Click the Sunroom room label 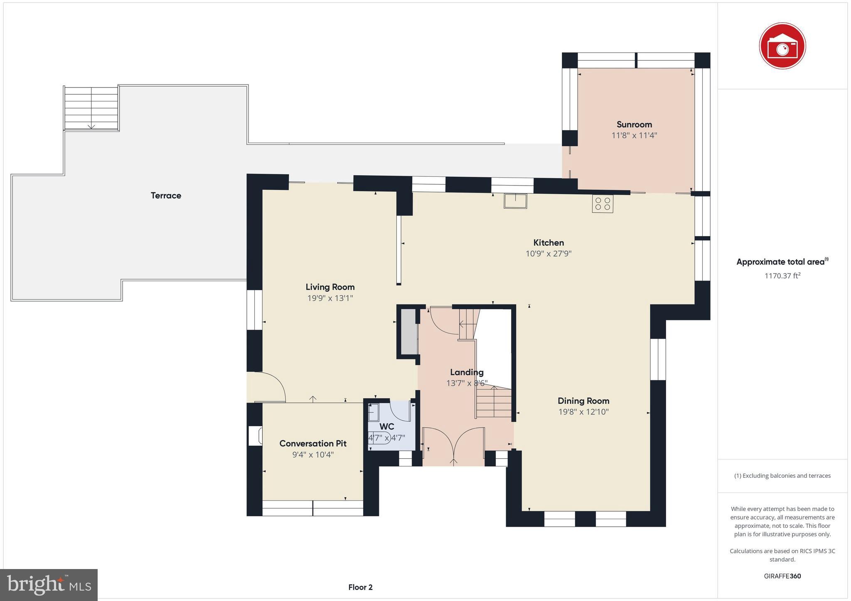[x=634, y=125]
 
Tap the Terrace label [x=166, y=195]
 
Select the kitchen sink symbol [x=515, y=201]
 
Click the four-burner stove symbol [x=603, y=204]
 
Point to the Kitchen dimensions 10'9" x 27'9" [x=548, y=254]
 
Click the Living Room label [x=330, y=287]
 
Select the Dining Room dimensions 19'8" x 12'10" [x=583, y=412]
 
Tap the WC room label [x=386, y=427]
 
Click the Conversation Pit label [x=313, y=443]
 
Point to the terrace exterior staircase [x=91, y=108]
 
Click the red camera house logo [x=782, y=46]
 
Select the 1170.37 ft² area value [x=782, y=276]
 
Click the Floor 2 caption [x=360, y=587]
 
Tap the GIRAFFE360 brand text [x=782, y=576]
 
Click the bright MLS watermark [x=49, y=585]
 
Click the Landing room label [x=467, y=372]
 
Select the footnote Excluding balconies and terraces [x=782, y=476]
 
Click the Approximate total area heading [x=780, y=262]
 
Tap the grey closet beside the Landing [x=409, y=332]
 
